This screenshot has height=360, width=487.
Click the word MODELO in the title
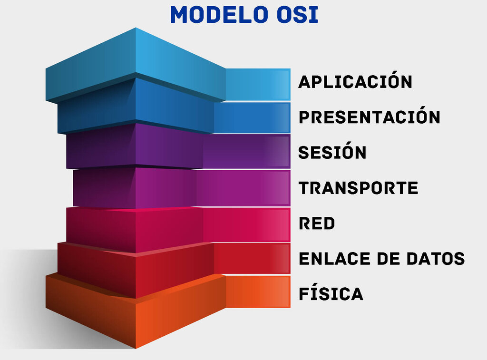[x=219, y=15]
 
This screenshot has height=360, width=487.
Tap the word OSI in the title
[x=298, y=15]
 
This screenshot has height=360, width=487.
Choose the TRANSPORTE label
[x=359, y=188]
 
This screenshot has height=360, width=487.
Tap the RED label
[x=317, y=224]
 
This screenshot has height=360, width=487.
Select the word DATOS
[x=436, y=259]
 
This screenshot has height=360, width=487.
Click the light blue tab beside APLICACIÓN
[x=258, y=85]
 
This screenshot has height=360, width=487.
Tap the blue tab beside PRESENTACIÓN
[x=252, y=118]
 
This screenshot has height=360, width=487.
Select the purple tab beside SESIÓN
[x=247, y=151]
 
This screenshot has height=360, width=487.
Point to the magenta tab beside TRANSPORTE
[x=243, y=188]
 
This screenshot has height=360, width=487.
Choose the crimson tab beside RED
[x=247, y=225]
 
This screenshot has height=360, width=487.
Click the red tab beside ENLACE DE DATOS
[x=252, y=258]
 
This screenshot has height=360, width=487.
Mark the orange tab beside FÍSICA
[x=258, y=292]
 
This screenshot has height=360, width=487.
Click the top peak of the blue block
[x=136, y=28]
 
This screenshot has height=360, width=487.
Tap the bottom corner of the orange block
[x=136, y=349]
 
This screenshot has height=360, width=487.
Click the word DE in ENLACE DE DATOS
[x=389, y=259]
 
